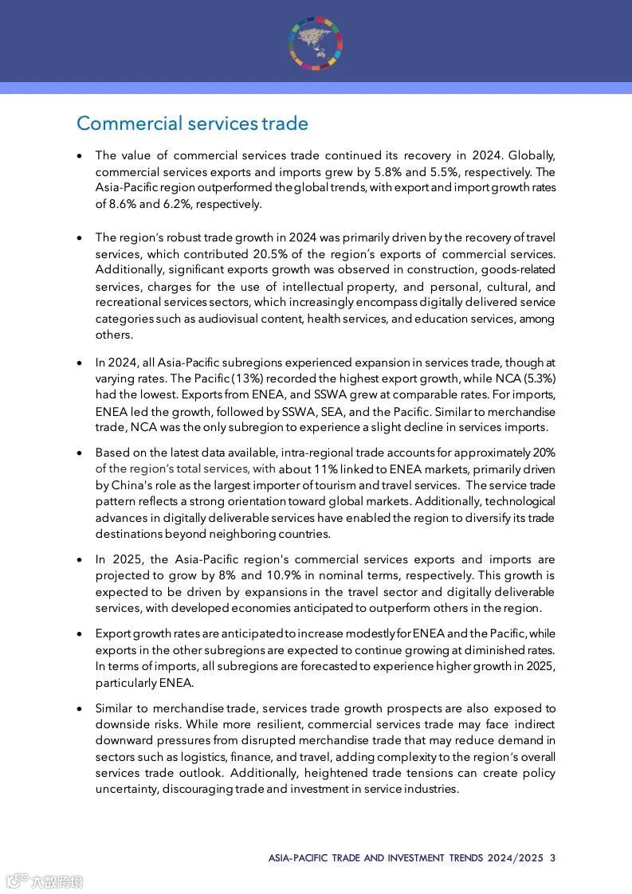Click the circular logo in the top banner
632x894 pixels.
[316, 42]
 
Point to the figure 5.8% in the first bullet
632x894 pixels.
[418, 171]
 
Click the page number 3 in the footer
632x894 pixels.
[552, 858]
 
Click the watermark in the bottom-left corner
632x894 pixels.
[45, 880]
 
